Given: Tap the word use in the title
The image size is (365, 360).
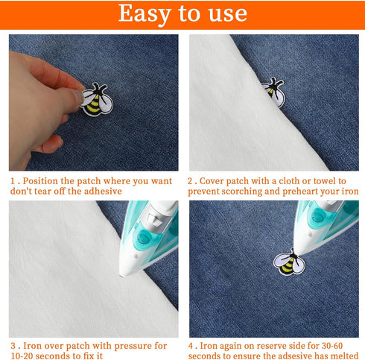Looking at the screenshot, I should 223,13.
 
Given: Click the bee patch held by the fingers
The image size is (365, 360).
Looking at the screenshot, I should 96,101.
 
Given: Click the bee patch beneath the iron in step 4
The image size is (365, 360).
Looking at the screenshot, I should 288,263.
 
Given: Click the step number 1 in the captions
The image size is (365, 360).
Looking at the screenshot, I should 12,181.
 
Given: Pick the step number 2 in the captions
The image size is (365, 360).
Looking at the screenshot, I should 191,181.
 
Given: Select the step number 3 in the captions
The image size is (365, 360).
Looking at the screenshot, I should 12,346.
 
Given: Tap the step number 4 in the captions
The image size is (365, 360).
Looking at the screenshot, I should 191,346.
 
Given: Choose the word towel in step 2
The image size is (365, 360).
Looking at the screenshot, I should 316,181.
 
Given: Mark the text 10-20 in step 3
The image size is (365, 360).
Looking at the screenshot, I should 24,356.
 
